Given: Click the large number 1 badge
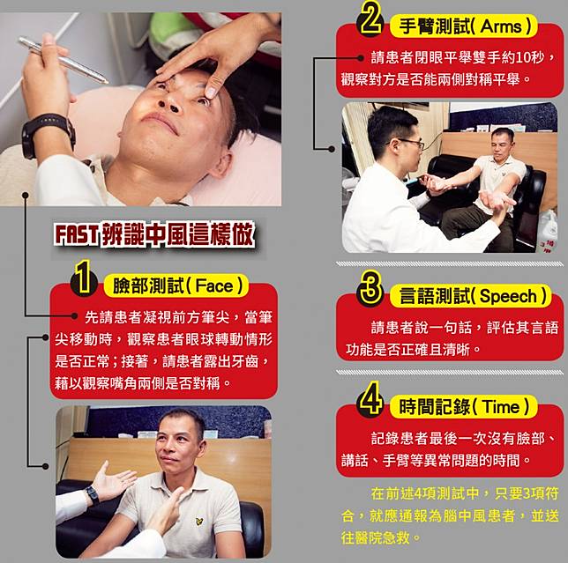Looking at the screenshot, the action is click(x=84, y=278).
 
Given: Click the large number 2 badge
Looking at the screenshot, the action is click(x=370, y=20).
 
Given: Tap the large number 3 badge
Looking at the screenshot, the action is click(x=370, y=289).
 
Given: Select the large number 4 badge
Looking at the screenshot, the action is click(x=370, y=399).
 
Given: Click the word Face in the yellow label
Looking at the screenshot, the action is click(x=214, y=286).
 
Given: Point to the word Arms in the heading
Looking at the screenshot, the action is click(x=501, y=26).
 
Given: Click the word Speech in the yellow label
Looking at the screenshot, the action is click(x=508, y=296).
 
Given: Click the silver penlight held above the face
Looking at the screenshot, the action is click(x=64, y=60).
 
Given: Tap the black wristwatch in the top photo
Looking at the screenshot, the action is click(x=47, y=135).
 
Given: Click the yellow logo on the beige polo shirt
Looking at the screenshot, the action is click(x=198, y=522).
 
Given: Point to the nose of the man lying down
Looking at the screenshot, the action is click(x=169, y=101).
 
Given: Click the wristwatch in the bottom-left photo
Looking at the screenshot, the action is click(x=93, y=495).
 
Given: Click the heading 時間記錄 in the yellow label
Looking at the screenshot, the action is click(x=434, y=407).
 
